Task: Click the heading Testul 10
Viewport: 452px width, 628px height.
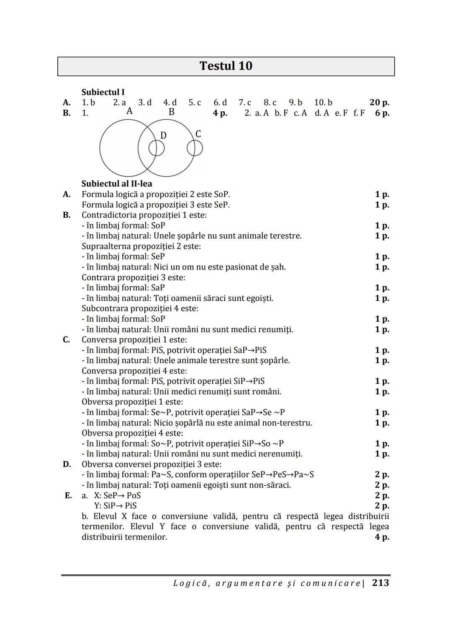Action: [x=226, y=66]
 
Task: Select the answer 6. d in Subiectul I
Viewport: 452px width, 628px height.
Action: [x=220, y=103]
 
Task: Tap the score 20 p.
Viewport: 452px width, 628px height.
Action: [x=379, y=103]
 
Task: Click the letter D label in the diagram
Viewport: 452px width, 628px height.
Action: [x=163, y=135]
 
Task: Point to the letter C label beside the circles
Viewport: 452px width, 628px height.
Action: [x=198, y=134]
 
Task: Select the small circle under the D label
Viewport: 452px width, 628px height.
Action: [x=157, y=148]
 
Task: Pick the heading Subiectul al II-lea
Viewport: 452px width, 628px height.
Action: [x=117, y=184]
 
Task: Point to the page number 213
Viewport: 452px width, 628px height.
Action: [x=380, y=583]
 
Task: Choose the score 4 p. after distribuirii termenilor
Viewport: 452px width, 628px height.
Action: [x=382, y=537]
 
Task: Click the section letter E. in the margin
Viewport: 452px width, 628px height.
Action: [x=68, y=495]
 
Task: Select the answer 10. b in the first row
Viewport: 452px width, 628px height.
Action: [x=323, y=103]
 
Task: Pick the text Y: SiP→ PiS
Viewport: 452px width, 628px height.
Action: [x=115, y=506]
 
